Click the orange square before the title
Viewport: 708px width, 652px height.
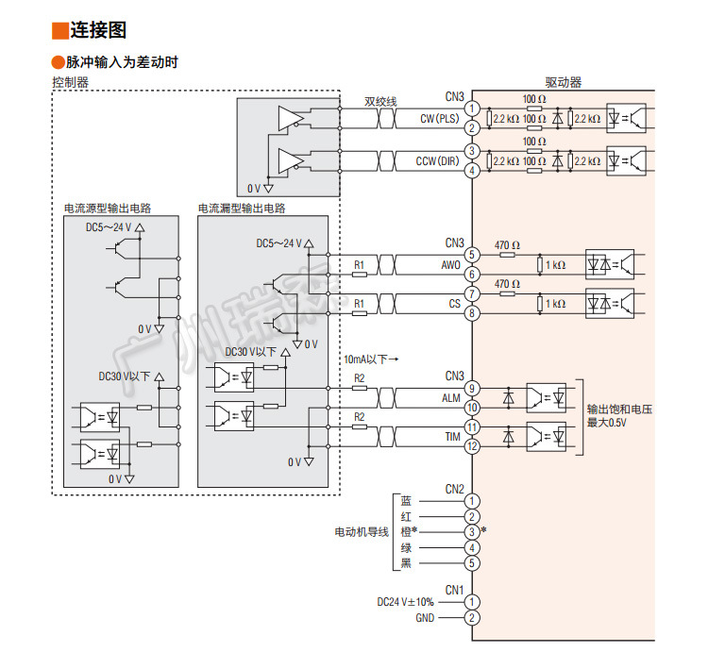click(59, 30)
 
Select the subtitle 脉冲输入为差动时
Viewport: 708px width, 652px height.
click(117, 62)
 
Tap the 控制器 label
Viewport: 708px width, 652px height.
click(70, 82)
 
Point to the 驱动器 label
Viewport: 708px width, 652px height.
click(563, 82)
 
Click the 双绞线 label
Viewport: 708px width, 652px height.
click(380, 100)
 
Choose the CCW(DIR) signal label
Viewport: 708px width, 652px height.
click(436, 161)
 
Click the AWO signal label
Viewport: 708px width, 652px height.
click(450, 265)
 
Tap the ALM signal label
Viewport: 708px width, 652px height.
click(451, 398)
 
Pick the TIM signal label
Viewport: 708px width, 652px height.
click(452, 437)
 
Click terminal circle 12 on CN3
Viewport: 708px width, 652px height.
click(472, 446)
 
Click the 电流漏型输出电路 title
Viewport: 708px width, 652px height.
click(242, 208)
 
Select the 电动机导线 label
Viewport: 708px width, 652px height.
click(362, 532)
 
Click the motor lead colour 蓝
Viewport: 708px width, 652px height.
click(406, 501)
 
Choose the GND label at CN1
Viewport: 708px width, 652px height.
click(426, 618)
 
